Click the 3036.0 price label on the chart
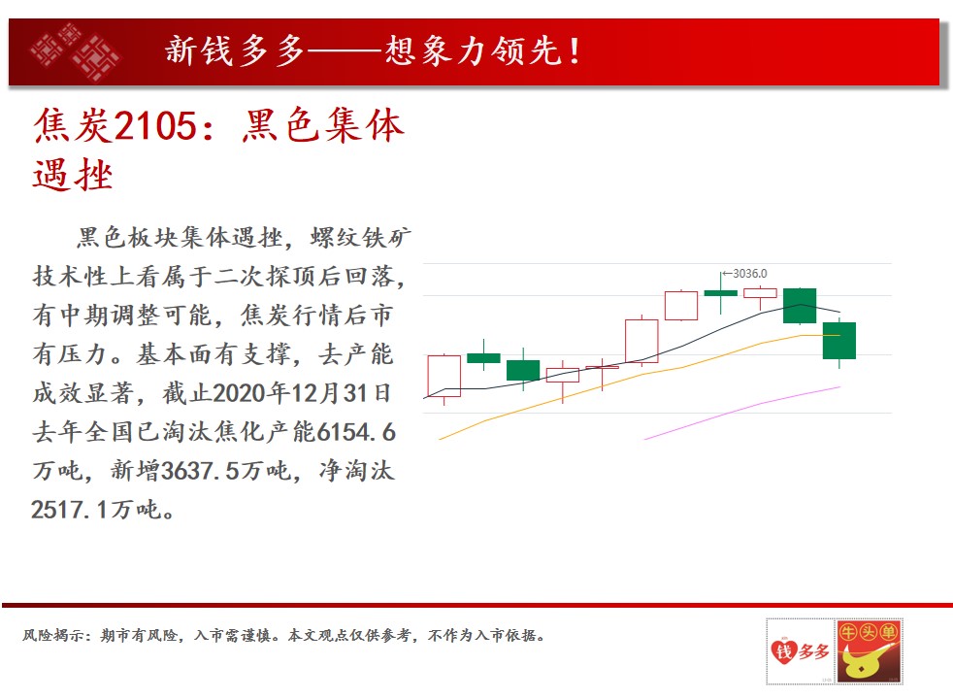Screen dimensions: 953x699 tap(750, 274)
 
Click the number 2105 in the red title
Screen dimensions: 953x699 tap(155, 126)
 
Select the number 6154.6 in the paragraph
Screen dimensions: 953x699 tap(357, 432)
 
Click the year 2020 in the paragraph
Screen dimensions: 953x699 tap(240, 393)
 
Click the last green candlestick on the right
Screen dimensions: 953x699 tap(839, 341)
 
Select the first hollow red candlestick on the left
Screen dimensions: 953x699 tap(444, 377)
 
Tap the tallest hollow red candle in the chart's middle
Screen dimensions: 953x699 tap(641, 341)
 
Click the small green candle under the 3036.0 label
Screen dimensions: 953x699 tap(721, 293)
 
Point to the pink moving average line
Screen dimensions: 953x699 tap(742, 412)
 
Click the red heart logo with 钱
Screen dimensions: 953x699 tap(783, 652)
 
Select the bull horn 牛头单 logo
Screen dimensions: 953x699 tap(869, 651)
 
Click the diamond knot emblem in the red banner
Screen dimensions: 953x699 tap(76, 52)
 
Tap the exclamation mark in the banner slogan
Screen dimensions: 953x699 tap(574, 51)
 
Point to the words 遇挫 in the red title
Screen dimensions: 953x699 tap(73, 176)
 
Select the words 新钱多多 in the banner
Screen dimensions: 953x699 tap(235, 50)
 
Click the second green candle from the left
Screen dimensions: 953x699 tap(523, 370)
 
